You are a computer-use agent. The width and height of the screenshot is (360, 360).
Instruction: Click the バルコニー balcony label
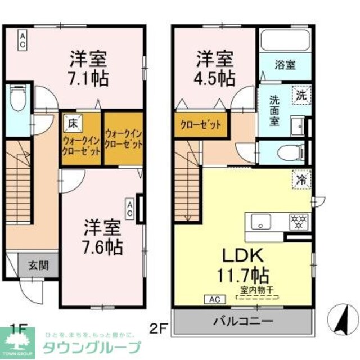tap(242, 322)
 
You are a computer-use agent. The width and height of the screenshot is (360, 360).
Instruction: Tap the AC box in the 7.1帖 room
tap(21, 40)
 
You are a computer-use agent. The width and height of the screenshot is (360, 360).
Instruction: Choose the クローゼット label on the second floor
tap(200, 125)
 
